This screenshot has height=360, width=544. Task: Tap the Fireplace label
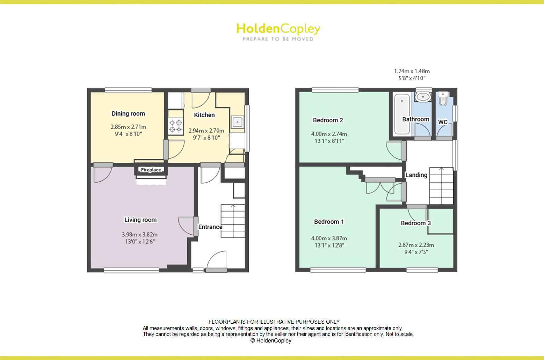tap(151, 170)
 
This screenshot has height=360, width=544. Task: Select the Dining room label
tap(128, 113)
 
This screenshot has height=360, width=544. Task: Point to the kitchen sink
tap(237, 122)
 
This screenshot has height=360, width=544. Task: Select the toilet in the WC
tap(443, 99)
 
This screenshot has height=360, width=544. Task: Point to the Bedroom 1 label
tap(329, 222)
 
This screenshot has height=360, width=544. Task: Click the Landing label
tap(416, 175)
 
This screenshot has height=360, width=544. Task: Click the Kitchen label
tap(204, 115)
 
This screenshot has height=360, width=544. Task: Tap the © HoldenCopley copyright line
tap(271, 341)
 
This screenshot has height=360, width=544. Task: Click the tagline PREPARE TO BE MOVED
tap(278, 39)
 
